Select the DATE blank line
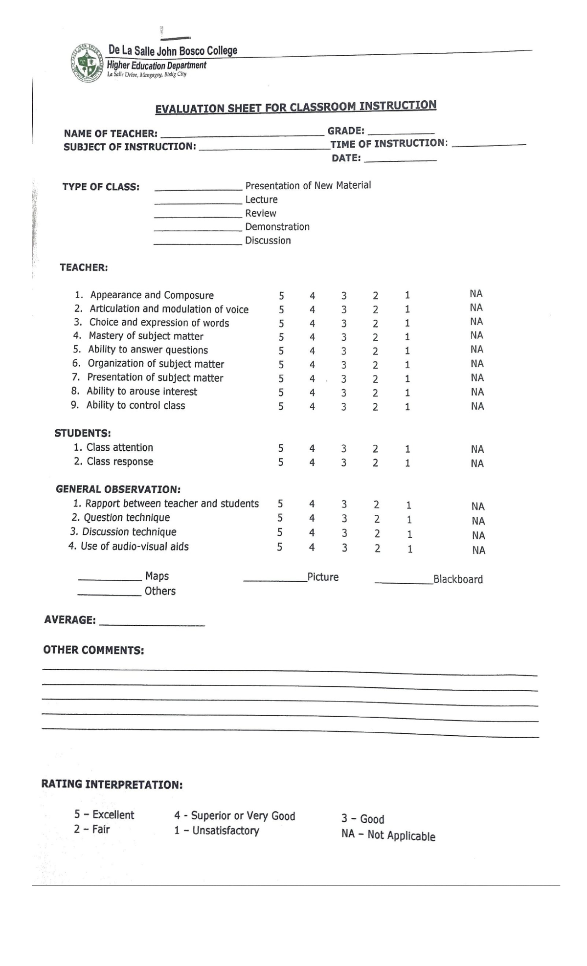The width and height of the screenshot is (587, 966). [x=400, y=159]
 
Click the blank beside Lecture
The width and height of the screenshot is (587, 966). [x=198, y=202]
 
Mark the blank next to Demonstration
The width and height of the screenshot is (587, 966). [x=198, y=229]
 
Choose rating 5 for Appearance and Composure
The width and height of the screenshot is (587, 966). [x=281, y=296]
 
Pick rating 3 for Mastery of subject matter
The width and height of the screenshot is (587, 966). [x=344, y=337]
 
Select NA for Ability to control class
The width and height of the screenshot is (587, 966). [x=477, y=406]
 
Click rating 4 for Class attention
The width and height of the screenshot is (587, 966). [x=312, y=448]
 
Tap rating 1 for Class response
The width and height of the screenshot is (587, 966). [x=407, y=463]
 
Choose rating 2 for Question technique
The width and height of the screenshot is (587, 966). [x=377, y=519]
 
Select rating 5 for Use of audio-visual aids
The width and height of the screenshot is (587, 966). [x=280, y=548]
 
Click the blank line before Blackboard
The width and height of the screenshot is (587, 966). [x=404, y=581]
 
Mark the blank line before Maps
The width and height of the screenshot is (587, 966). [x=110, y=579]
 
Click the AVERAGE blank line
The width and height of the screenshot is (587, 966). [x=152, y=624]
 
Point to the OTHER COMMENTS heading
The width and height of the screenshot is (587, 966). [x=93, y=650]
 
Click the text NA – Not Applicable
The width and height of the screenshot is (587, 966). [x=388, y=835]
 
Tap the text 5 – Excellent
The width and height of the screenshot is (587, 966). [x=104, y=815]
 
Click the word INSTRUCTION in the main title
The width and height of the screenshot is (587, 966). [x=398, y=106]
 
